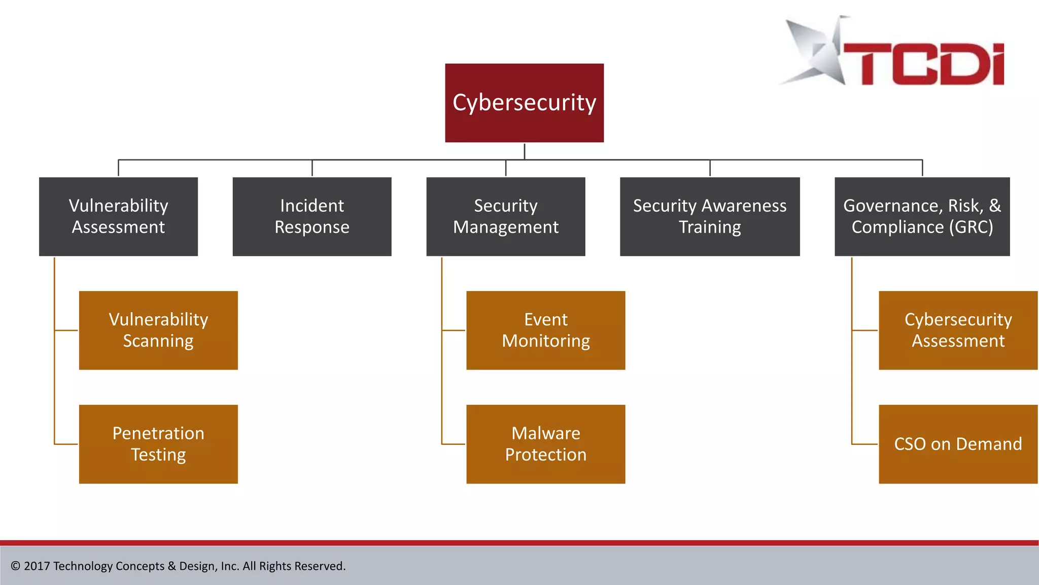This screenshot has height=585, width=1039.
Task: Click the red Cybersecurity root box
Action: point(524,103)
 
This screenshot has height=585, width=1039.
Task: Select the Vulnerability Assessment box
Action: point(118,216)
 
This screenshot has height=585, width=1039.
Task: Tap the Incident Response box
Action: point(311,216)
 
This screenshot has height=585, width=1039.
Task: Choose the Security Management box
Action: point(505,216)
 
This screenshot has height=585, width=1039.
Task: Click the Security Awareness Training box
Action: point(709,216)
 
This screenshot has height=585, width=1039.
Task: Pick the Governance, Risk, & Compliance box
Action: point(922,216)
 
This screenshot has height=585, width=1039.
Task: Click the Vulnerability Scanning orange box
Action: point(158,330)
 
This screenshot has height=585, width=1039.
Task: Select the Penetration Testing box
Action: point(158,444)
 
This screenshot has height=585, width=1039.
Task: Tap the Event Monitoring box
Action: point(545,330)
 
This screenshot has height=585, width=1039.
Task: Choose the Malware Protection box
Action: point(545,444)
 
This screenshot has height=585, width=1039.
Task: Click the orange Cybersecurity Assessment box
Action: point(958,330)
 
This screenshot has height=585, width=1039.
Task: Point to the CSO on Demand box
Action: point(958,444)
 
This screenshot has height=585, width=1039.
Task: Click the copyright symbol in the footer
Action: point(16,566)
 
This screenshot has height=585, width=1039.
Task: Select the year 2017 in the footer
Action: point(37,566)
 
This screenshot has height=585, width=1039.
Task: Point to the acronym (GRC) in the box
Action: point(971,227)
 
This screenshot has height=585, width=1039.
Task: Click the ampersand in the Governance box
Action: point(995,206)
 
